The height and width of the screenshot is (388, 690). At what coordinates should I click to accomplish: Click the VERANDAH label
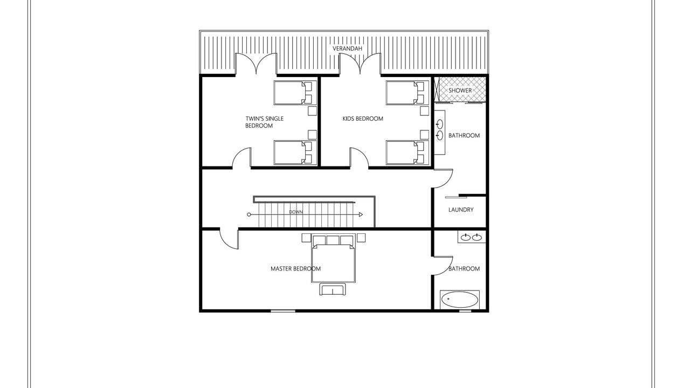(347, 48)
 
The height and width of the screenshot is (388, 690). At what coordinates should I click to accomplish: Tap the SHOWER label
(460, 91)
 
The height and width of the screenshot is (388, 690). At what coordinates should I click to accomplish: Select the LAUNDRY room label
(461, 210)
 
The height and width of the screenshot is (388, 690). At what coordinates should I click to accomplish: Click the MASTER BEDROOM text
(295, 269)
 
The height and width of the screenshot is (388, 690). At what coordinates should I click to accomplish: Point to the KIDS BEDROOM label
(363, 119)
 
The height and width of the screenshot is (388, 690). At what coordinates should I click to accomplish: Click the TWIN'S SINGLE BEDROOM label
(264, 122)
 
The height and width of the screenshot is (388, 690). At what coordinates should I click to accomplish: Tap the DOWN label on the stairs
(296, 212)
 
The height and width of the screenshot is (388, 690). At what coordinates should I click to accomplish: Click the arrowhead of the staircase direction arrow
(361, 214)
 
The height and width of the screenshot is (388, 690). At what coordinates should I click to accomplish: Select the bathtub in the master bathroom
(460, 300)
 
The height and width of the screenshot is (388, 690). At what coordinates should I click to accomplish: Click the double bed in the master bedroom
(333, 258)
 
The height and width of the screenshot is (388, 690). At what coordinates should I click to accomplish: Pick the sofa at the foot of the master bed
(333, 289)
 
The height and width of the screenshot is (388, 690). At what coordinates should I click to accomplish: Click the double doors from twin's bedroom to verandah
(256, 64)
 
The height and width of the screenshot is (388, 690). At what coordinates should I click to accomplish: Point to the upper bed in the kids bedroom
(408, 93)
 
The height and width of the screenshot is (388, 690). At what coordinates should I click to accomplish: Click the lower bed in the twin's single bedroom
(295, 153)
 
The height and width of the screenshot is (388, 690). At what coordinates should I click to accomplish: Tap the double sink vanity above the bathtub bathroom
(472, 237)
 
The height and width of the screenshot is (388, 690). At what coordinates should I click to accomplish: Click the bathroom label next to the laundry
(464, 135)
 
